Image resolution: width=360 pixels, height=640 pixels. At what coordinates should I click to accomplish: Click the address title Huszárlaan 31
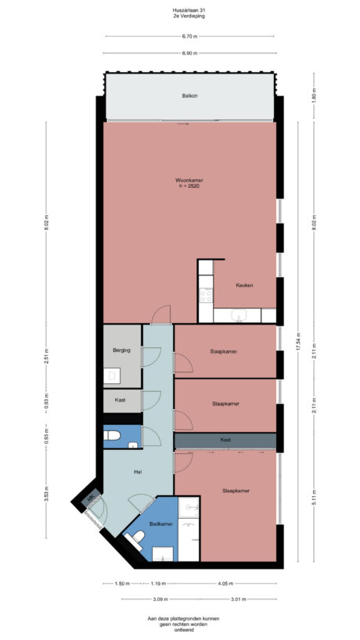[189, 10]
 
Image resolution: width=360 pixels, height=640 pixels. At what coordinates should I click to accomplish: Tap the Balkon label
[189, 96]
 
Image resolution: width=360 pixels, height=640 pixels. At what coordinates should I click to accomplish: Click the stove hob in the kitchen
[207, 295]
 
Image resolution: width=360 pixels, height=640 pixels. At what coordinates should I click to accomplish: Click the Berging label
[121, 350]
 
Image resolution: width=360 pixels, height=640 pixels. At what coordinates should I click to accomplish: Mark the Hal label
[138, 472]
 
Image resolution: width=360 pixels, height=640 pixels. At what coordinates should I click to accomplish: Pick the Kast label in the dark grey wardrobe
[225, 440]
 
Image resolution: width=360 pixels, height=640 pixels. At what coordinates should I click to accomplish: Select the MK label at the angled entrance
[92, 497]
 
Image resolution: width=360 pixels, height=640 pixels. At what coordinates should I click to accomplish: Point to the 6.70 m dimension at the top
[189, 36]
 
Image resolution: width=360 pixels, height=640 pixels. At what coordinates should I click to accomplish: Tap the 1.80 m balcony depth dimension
[314, 99]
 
